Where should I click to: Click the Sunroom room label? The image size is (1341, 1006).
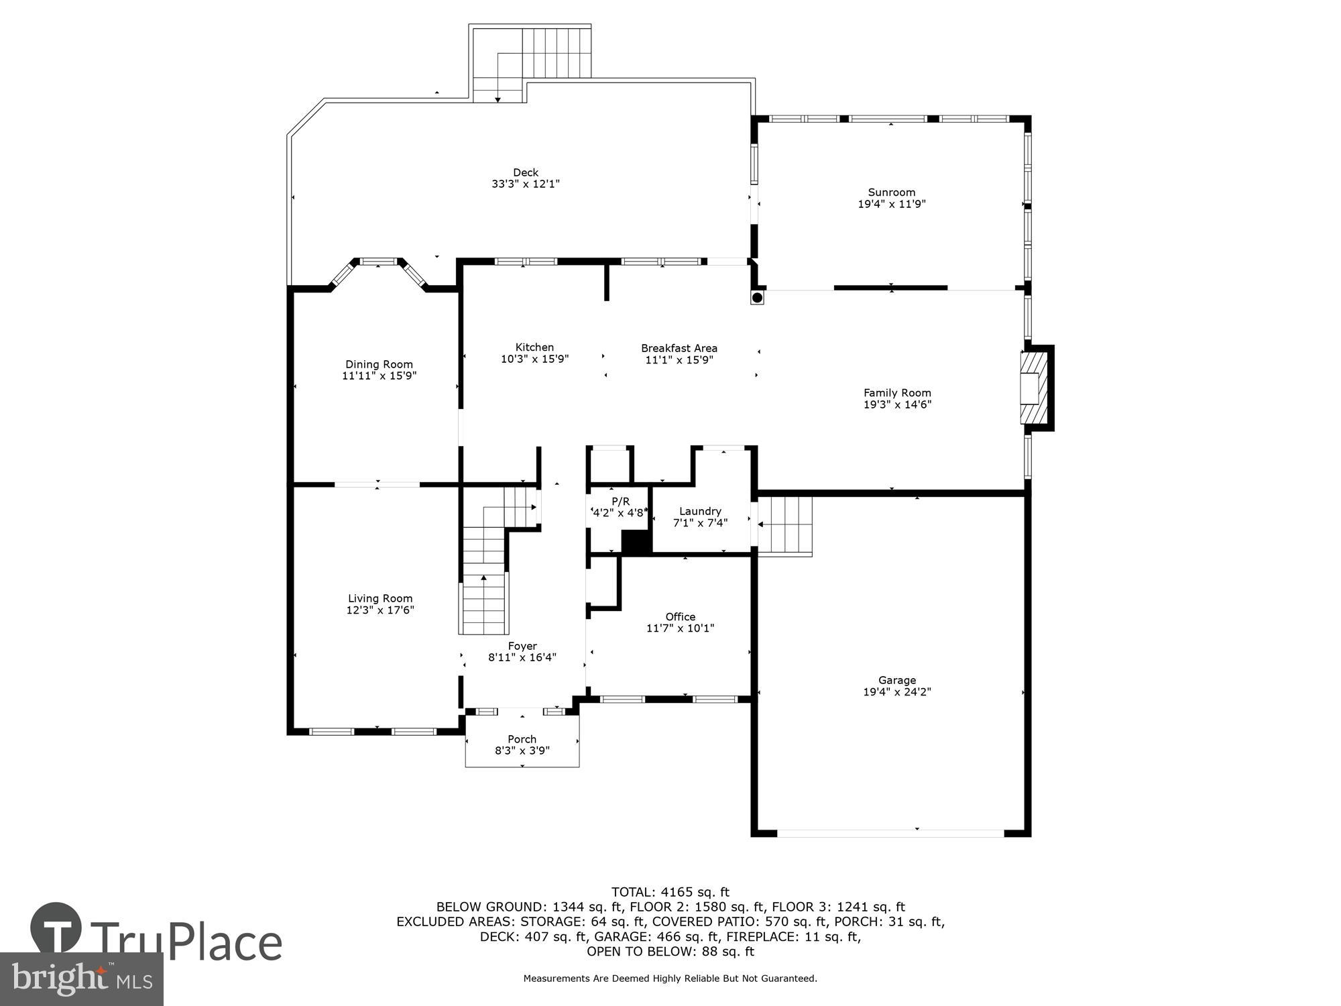pyautogui.click(x=891, y=192)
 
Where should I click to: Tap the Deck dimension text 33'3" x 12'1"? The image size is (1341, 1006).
pyautogui.click(x=525, y=184)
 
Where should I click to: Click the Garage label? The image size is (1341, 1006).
pyautogui.click(x=896, y=680)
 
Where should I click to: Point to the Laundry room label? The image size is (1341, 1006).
pyautogui.click(x=700, y=511)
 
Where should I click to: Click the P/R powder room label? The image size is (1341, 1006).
pyautogui.click(x=620, y=502)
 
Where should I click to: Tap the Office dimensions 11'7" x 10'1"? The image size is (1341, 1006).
pyautogui.click(x=680, y=628)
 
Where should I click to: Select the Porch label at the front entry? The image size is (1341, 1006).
pyautogui.click(x=522, y=739)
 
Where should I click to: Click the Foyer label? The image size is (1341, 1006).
pyautogui.click(x=522, y=646)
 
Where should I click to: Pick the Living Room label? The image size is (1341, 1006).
pyautogui.click(x=380, y=598)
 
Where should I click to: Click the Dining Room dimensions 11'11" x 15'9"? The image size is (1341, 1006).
pyautogui.click(x=379, y=376)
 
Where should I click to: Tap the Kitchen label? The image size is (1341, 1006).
pyautogui.click(x=534, y=347)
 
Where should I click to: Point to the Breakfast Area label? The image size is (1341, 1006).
pyautogui.click(x=679, y=348)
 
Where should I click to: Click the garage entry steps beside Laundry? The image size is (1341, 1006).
pyautogui.click(x=785, y=525)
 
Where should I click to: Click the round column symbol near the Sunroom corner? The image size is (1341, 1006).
pyautogui.click(x=757, y=297)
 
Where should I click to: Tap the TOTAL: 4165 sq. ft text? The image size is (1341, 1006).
pyautogui.click(x=670, y=892)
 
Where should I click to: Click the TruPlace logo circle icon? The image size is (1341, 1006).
pyautogui.click(x=56, y=928)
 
